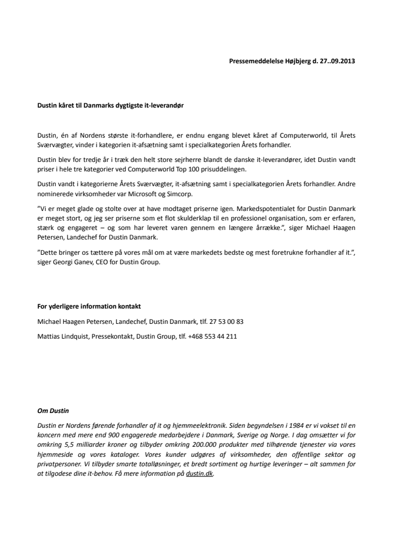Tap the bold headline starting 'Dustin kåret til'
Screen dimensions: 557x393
coord(111,105)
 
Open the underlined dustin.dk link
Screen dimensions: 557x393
coord(200,474)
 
